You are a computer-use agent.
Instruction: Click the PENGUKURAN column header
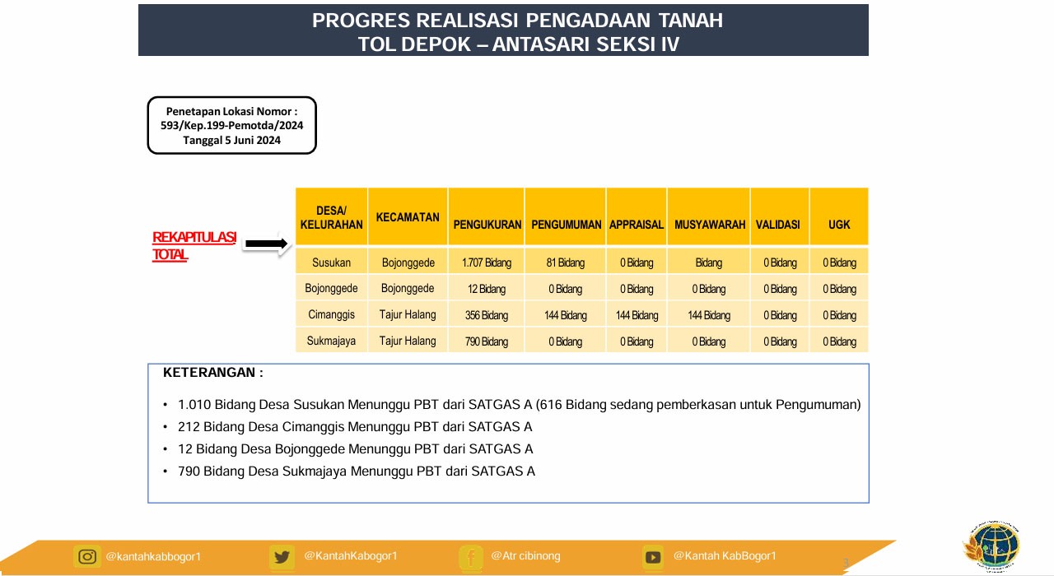[487, 225]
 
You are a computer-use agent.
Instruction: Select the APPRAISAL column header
[637, 225]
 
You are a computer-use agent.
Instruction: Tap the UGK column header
[839, 225]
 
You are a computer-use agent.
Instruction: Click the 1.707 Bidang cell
[487, 262]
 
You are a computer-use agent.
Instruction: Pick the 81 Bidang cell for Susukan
[565, 262]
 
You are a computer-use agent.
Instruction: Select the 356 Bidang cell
[487, 315]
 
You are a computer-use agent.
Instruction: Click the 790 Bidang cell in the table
[487, 341]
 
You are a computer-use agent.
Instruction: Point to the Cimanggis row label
[331, 314]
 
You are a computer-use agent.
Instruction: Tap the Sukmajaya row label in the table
[331, 341]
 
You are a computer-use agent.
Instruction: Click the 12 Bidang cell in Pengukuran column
[487, 289]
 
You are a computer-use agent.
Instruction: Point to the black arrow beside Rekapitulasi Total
[266, 244]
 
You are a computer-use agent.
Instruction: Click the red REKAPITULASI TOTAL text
[194, 245]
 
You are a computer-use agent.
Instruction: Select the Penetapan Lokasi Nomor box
[232, 126]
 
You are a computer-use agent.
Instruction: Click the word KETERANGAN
[209, 373]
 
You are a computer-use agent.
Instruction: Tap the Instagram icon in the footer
[87, 557]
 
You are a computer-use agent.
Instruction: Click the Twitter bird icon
[282, 557]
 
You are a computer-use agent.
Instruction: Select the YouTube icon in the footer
[653, 557]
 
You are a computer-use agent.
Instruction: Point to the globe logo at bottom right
[991, 546]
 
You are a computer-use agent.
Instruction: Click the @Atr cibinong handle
[525, 555]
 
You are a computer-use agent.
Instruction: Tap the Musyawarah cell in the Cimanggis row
[709, 315]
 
